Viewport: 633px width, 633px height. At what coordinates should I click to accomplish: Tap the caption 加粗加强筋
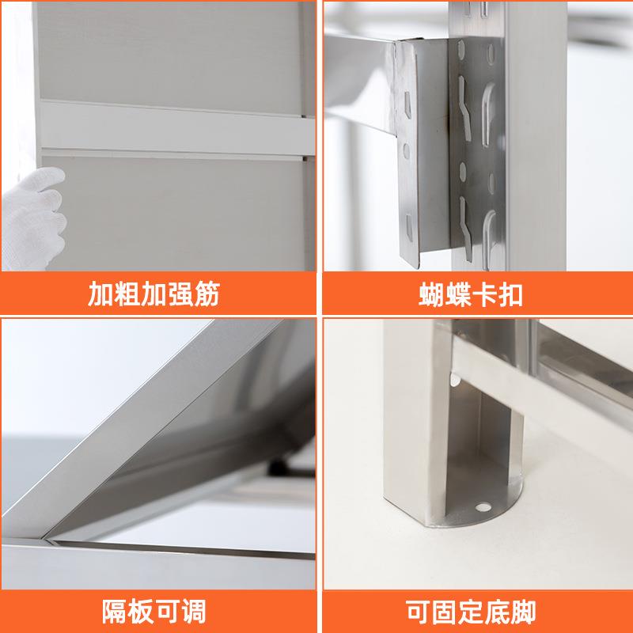tap(154, 295)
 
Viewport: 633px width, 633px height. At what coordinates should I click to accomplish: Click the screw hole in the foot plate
tap(483, 504)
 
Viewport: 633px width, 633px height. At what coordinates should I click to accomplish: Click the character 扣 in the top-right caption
tap(510, 295)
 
